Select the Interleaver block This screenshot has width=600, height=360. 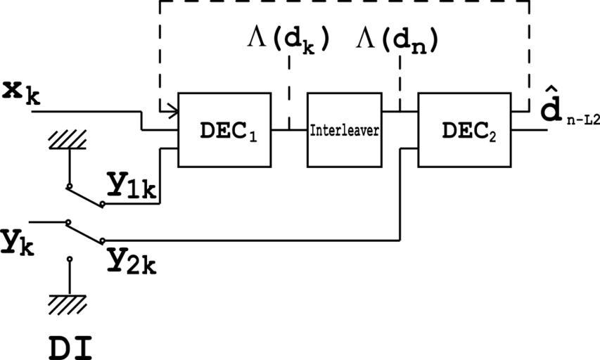[x=344, y=130]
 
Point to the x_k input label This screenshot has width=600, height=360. [x=21, y=91]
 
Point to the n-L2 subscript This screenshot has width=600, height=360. [x=583, y=121]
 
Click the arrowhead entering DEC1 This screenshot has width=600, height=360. [x=170, y=110]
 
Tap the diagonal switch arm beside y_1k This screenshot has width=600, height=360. [x=85, y=196]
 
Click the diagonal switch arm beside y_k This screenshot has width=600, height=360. [x=85, y=231]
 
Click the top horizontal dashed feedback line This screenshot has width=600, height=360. [x=345, y=1]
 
